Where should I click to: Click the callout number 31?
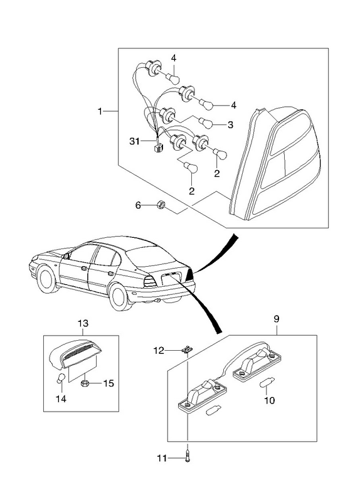[x=134, y=141]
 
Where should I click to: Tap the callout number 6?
[x=138, y=205]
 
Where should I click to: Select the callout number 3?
[x=230, y=124]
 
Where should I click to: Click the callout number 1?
[x=100, y=111]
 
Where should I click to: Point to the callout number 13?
[x=83, y=323]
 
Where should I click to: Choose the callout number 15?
[x=109, y=383]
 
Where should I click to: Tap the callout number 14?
[x=61, y=399]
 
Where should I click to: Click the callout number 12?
[x=159, y=351]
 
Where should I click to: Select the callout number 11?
[x=162, y=459]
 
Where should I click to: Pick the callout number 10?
[x=270, y=400]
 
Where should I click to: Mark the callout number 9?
[x=277, y=319]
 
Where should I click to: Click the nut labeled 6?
[x=161, y=205]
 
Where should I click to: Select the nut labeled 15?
[x=85, y=383]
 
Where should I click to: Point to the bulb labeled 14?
[x=61, y=378]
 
